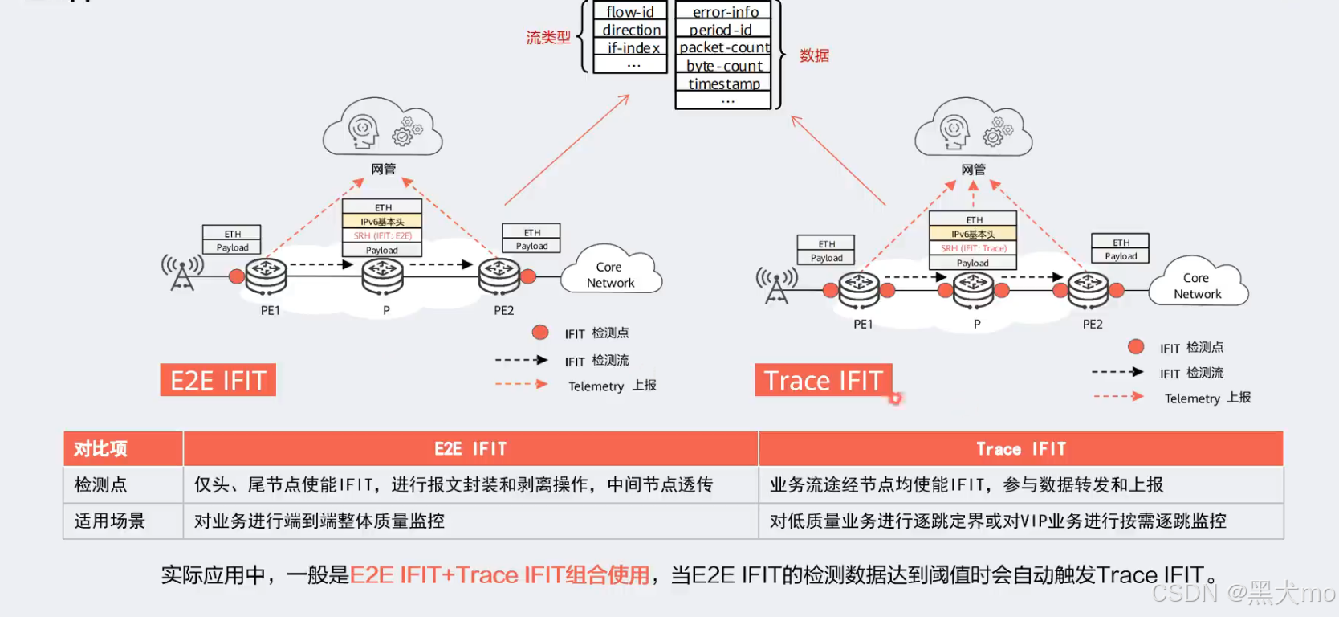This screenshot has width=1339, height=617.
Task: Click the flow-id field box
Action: (x=630, y=11)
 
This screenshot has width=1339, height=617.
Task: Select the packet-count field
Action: (x=723, y=47)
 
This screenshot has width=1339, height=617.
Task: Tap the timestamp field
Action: (x=723, y=84)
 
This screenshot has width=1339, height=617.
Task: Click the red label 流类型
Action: (x=548, y=37)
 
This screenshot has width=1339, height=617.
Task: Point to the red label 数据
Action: (x=814, y=55)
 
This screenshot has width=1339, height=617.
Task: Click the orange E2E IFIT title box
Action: (x=218, y=380)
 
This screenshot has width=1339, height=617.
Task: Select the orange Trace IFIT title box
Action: (x=823, y=380)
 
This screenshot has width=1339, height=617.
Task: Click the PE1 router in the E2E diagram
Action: (x=267, y=276)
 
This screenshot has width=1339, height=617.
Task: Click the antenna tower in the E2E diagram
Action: (x=182, y=273)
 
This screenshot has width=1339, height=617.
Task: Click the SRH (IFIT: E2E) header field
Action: (x=382, y=235)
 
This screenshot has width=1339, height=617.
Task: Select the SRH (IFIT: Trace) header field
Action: (x=973, y=248)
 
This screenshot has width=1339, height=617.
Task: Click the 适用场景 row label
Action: (x=110, y=521)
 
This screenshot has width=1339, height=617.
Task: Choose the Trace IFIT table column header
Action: (x=1020, y=448)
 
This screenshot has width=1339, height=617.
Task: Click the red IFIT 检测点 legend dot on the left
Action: (x=540, y=333)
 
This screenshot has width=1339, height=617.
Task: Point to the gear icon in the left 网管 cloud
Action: (x=406, y=132)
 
